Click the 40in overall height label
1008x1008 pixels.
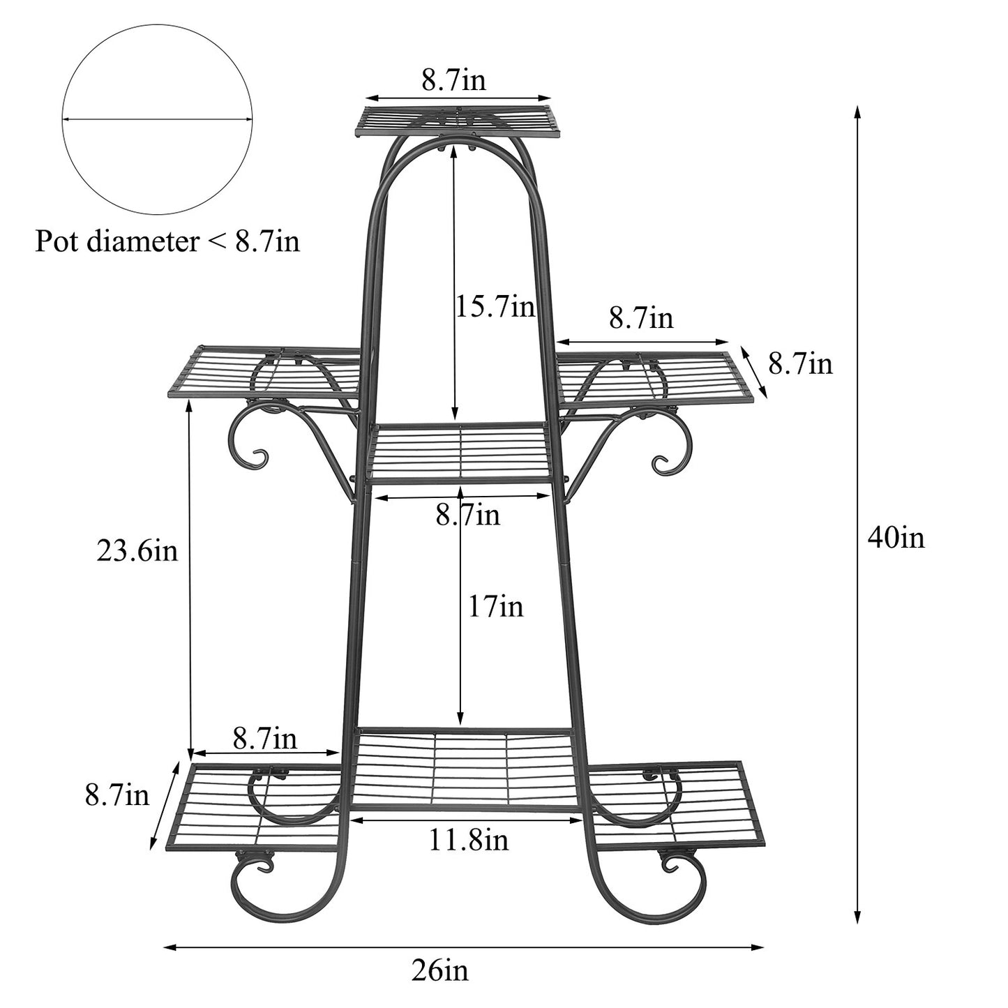[x=896, y=538]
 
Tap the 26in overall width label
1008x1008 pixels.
[x=439, y=970]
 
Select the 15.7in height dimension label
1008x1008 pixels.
[x=495, y=306]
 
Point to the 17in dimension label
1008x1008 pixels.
[x=495, y=606]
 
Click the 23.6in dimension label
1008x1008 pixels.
[x=137, y=551]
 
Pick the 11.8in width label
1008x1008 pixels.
[x=468, y=840]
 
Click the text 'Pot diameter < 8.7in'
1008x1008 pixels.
[x=167, y=242]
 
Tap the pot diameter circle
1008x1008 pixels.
[x=157, y=119]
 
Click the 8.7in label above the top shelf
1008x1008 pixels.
[x=453, y=81]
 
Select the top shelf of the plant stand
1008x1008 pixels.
[x=458, y=121]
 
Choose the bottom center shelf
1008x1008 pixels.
[x=464, y=767]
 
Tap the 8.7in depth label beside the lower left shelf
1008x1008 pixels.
[x=117, y=795]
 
